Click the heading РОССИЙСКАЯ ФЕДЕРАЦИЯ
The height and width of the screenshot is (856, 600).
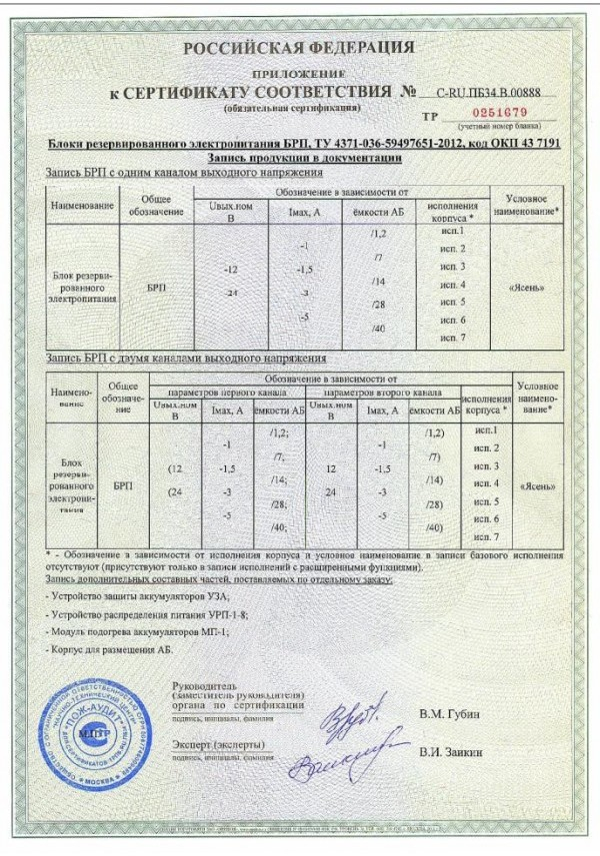pos(300,48)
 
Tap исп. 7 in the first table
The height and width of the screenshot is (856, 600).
pos(454,339)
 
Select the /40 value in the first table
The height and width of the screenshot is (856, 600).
pos(378,329)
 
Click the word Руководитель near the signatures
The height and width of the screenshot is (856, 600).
pos(204,686)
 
